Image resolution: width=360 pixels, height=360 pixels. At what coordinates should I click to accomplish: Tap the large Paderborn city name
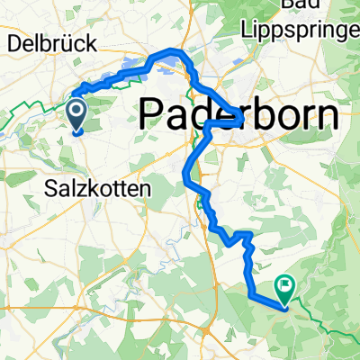[241, 115]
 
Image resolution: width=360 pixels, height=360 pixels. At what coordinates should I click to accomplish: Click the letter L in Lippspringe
[247, 30]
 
